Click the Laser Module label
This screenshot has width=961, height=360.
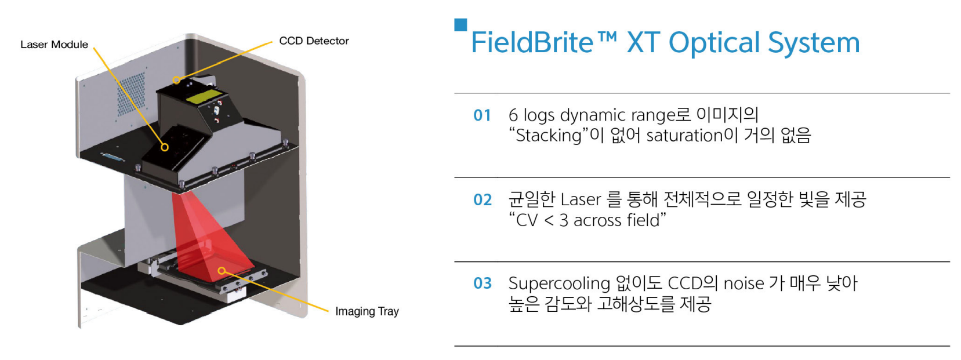(54, 45)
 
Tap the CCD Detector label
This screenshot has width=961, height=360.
(314, 41)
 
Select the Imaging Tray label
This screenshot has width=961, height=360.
(367, 311)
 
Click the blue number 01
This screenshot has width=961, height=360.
(482, 115)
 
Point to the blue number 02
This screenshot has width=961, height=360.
(483, 200)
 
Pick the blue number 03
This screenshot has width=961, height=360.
(483, 283)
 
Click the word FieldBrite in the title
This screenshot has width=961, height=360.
(532, 42)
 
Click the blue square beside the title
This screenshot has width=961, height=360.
(460, 25)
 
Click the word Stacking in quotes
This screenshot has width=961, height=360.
(549, 136)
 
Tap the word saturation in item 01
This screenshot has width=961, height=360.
(685, 136)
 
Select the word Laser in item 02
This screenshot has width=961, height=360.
(581, 200)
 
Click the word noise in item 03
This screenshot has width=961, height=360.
(744, 283)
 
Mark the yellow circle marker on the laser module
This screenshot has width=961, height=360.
(165, 147)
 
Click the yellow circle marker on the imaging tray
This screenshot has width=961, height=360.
(222, 271)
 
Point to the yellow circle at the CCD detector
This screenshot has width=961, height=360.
(176, 80)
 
